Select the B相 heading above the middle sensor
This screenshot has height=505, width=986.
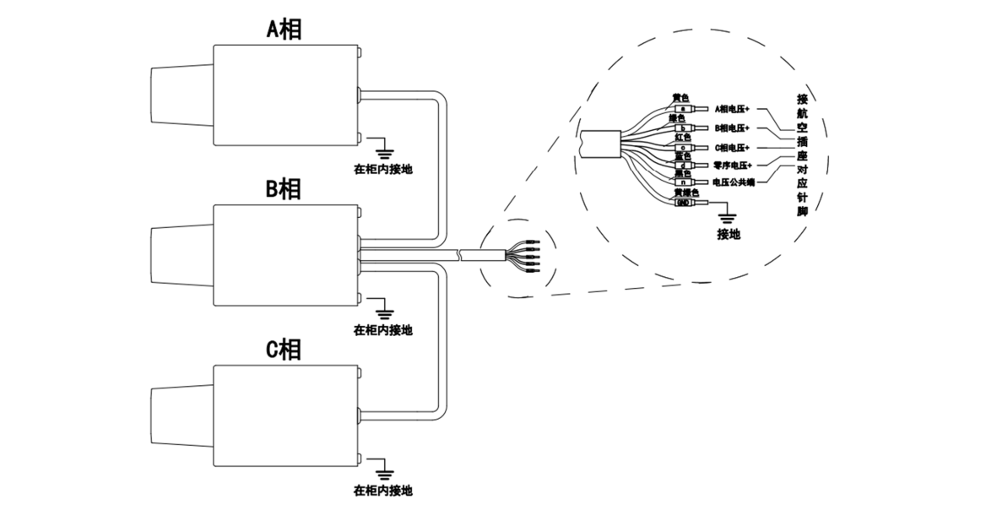(284, 189)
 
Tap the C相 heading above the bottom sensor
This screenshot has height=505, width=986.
(284, 350)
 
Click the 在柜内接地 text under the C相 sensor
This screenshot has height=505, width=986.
(383, 491)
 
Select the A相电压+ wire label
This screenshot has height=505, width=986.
(736, 110)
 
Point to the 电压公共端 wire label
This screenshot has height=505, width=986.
(734, 182)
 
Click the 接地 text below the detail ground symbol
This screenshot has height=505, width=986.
(728, 234)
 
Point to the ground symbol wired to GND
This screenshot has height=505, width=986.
(728, 217)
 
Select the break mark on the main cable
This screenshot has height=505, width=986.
(460, 253)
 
